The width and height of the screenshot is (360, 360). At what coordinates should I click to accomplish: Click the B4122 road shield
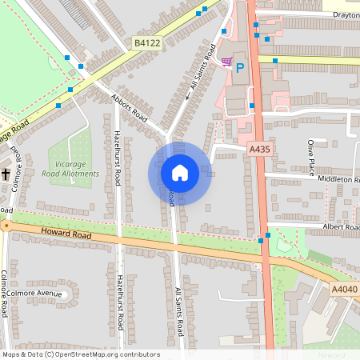(x=146, y=44)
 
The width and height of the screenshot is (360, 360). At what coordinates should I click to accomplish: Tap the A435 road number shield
(x=259, y=149)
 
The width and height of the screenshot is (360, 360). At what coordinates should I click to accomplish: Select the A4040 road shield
(x=345, y=289)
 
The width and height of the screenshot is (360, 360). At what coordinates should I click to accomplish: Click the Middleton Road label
(x=338, y=180)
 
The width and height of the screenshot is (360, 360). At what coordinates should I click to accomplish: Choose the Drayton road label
(x=345, y=14)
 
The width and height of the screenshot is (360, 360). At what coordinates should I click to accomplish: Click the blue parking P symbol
(x=238, y=69)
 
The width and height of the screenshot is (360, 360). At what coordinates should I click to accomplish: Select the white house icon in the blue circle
(x=180, y=173)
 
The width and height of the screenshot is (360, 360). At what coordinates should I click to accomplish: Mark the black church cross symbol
(x=5, y=174)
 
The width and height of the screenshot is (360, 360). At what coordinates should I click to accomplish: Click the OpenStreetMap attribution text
(x=81, y=354)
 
